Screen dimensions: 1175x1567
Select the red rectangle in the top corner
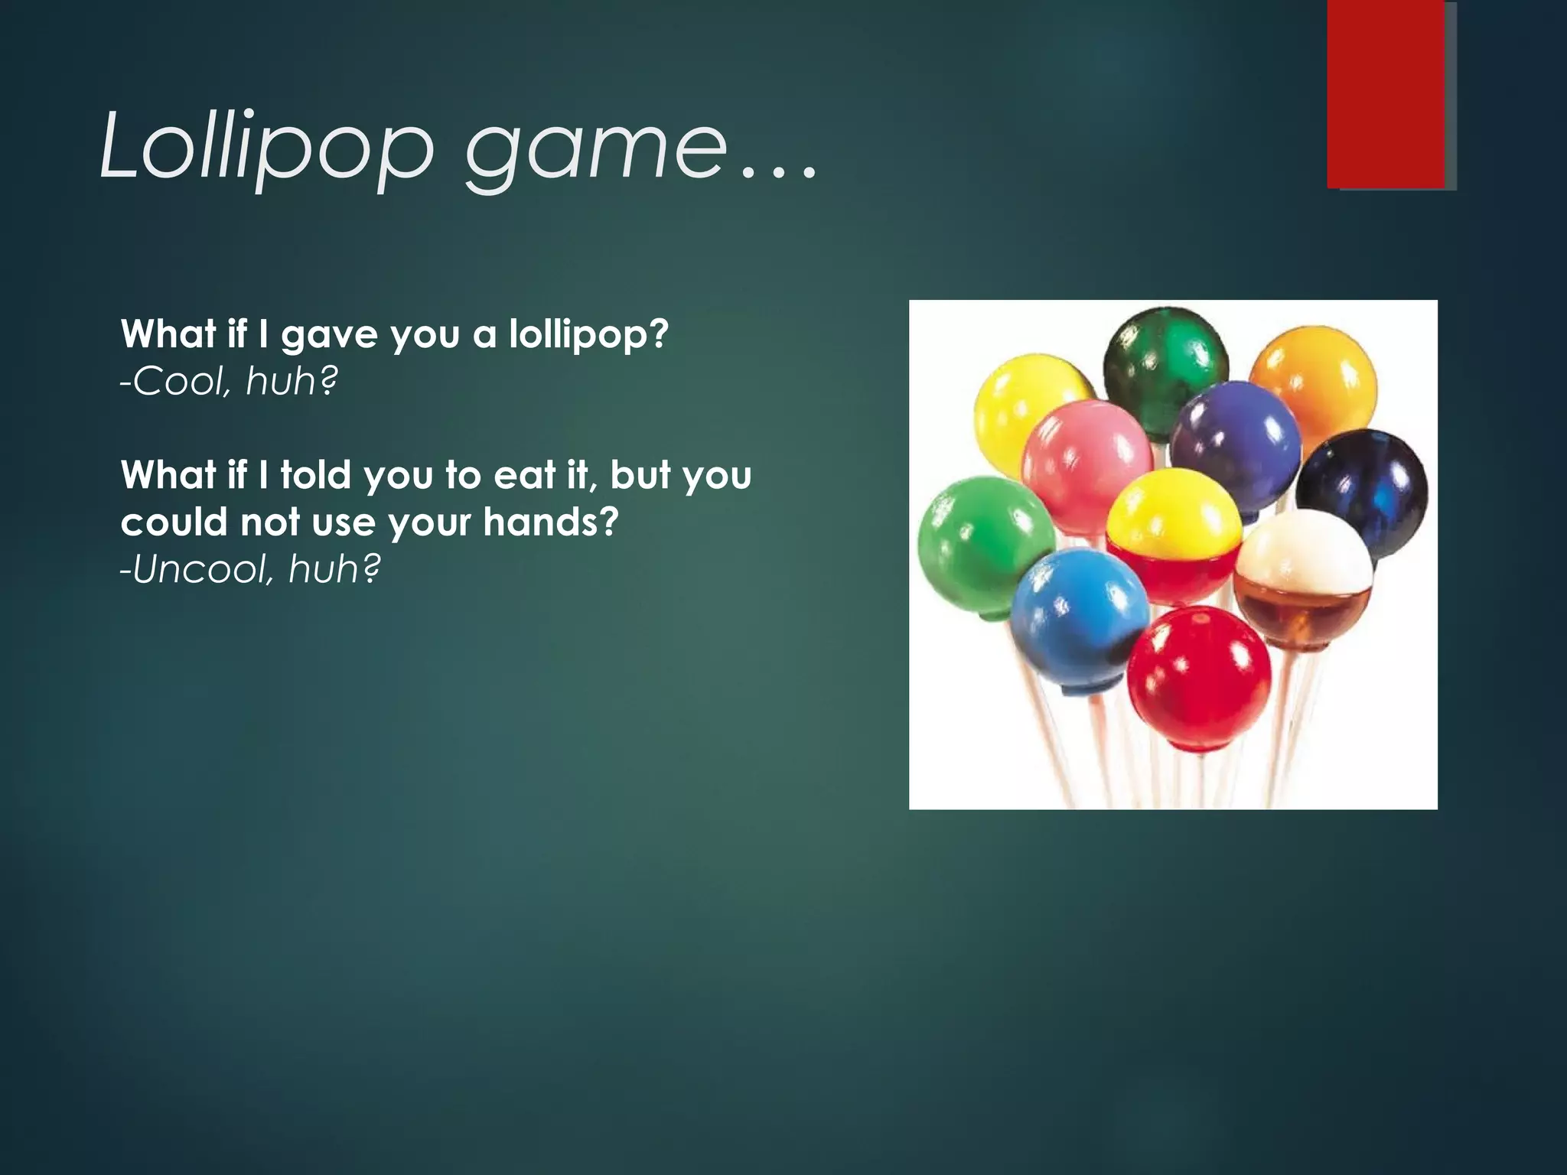point(1386,93)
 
